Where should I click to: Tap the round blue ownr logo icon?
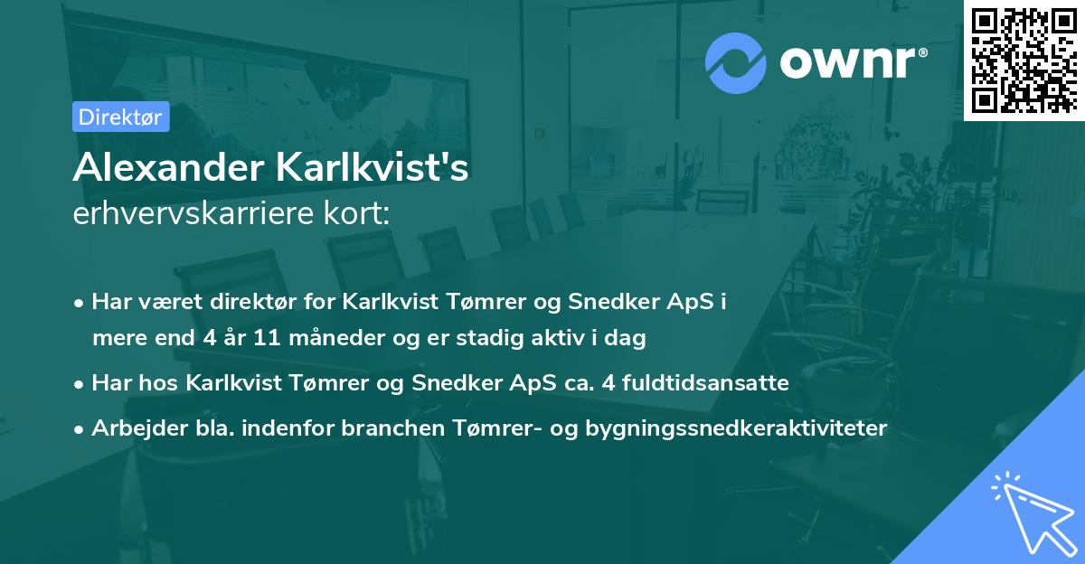click(x=736, y=63)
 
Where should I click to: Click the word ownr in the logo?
click(x=851, y=63)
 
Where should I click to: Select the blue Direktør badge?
click(x=120, y=117)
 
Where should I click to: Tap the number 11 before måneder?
click(x=268, y=339)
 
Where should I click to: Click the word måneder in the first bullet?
click(x=330, y=339)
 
